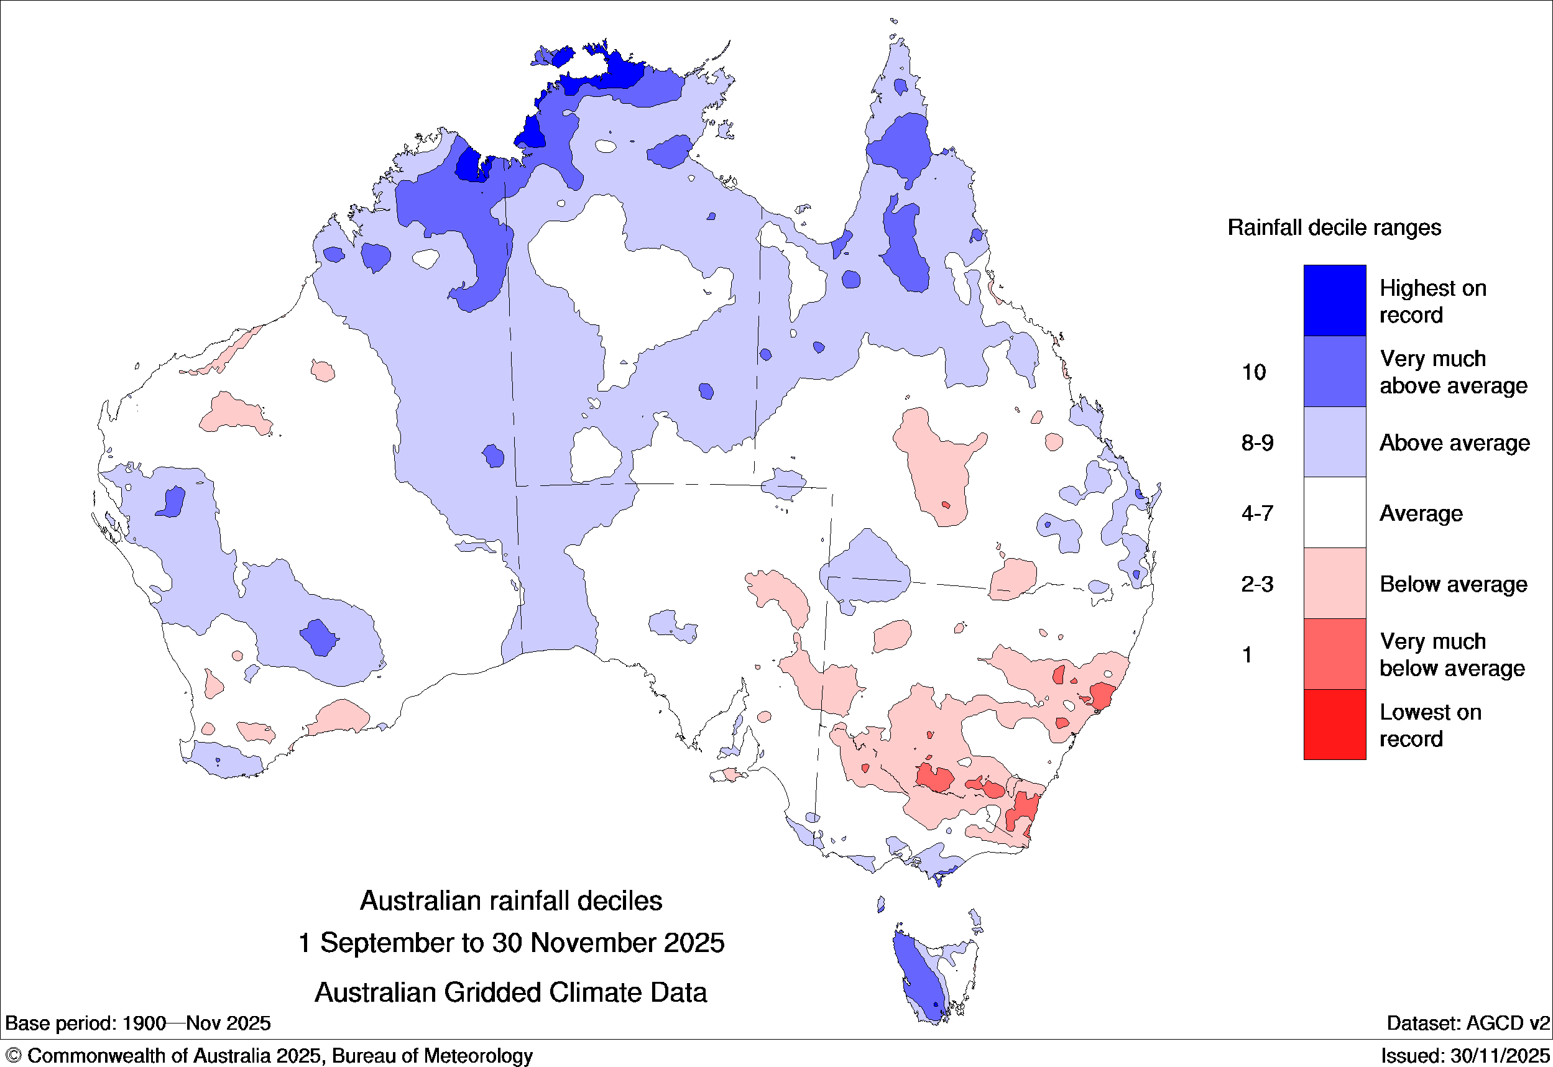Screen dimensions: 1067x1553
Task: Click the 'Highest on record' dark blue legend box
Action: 1334,300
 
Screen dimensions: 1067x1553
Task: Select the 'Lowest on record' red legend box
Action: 1334,725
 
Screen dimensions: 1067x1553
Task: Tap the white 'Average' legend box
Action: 1334,513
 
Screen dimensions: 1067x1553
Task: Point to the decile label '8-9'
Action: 1256,442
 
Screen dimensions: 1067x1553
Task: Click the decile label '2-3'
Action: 1256,584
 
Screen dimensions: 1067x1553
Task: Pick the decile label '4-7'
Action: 1256,513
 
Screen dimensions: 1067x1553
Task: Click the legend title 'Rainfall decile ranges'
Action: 1334,228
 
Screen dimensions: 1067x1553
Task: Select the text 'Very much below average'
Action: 1451,654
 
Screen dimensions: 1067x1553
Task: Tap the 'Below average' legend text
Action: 1453,584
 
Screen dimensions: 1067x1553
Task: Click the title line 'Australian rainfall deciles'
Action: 511,901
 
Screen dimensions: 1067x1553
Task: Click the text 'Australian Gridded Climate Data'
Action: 511,993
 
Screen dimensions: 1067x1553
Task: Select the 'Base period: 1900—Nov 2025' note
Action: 138,1023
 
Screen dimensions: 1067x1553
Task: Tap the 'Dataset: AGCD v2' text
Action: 1467,1023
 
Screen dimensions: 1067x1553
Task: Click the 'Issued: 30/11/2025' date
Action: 1465,1056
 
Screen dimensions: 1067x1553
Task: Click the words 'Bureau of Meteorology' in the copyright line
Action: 432,1056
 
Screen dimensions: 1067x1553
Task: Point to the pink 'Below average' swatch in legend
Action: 1334,584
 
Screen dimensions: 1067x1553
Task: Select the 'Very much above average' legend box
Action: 1334,371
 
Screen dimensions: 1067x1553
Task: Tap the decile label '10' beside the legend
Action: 1253,372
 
